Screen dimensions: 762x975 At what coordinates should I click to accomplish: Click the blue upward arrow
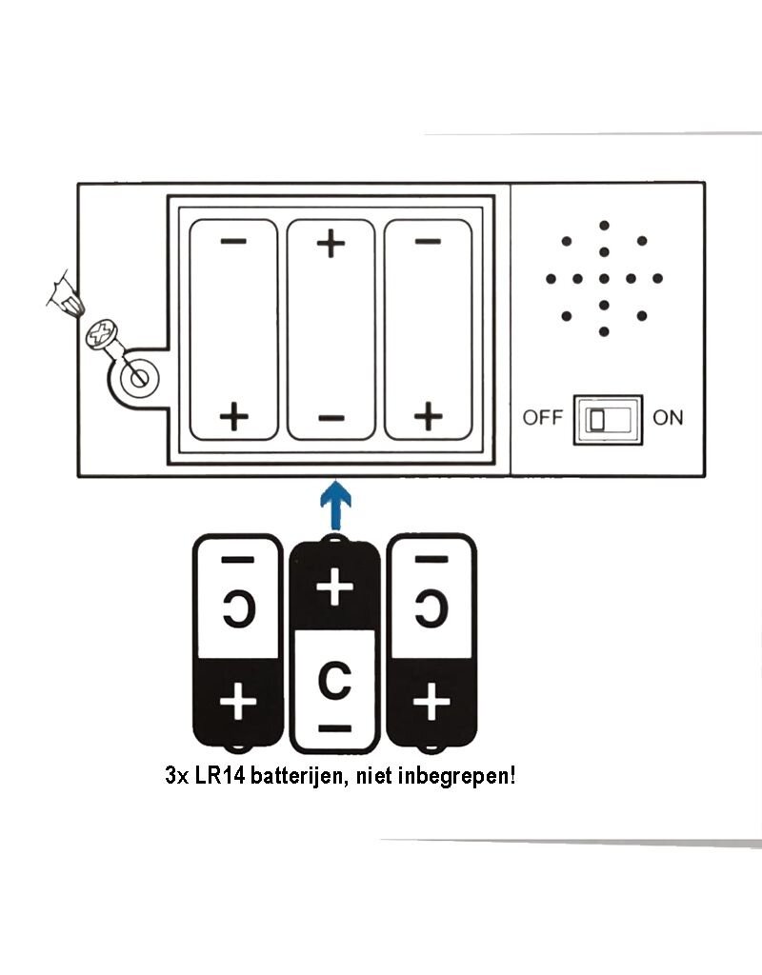coord(335,505)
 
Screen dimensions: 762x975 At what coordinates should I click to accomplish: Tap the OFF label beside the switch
coord(542,418)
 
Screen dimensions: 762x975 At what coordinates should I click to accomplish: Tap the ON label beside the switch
coord(668,418)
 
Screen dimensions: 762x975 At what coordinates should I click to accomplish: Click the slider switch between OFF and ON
coord(608,420)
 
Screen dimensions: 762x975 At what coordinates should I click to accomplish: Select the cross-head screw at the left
coord(101,334)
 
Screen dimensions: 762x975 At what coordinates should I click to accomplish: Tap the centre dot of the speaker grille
coord(604,279)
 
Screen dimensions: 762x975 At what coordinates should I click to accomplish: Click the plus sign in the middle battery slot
coord(331,243)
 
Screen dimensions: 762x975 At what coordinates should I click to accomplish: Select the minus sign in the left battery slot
coord(233,241)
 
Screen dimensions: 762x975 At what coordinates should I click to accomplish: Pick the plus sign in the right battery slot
coord(428,416)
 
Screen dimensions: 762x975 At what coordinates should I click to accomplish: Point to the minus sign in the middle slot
coord(331,418)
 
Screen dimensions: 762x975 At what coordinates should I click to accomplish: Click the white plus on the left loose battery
coord(238,702)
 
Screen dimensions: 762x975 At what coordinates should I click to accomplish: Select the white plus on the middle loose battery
coord(334,587)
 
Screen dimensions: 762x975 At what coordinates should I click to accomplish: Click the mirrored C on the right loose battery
coord(431,608)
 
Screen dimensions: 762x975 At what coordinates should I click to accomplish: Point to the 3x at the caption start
coord(176,776)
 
